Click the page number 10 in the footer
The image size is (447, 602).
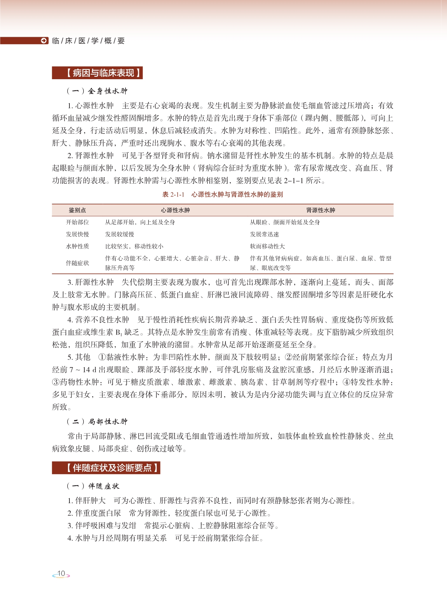click(x=61, y=574)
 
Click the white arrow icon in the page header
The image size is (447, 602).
click(x=44, y=41)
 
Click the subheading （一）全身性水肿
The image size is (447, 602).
click(x=97, y=91)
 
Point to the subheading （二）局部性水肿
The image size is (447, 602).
click(x=97, y=422)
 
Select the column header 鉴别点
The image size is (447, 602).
click(x=77, y=210)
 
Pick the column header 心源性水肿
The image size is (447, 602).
click(x=175, y=210)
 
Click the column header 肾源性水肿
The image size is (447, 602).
click(x=320, y=210)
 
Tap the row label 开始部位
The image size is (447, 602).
click(x=77, y=222)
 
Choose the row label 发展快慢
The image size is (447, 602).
click(x=77, y=234)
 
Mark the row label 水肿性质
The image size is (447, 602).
click(x=77, y=246)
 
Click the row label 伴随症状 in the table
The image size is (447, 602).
click(x=77, y=263)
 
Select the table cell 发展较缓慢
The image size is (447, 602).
click(x=120, y=234)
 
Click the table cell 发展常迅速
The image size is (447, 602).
click(x=264, y=234)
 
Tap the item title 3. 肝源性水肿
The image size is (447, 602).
click(x=90, y=282)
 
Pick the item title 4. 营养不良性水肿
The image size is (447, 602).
click(x=98, y=320)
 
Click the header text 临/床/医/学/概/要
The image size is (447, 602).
click(x=88, y=41)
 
